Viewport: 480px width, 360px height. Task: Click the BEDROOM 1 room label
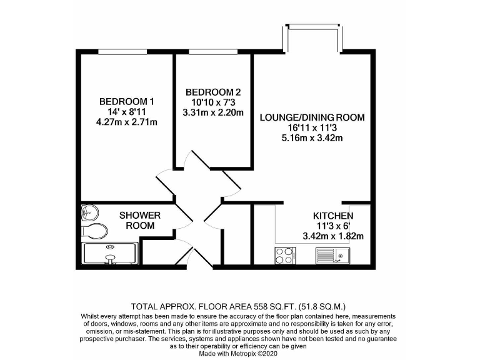tap(127, 101)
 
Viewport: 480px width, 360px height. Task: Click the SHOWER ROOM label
tap(140, 220)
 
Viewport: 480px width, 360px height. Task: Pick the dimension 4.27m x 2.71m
tap(127, 122)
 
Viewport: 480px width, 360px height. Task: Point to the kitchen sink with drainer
tap(332, 255)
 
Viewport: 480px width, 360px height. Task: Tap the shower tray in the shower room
tap(110, 255)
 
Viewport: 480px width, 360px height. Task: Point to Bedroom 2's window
tap(206, 51)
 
